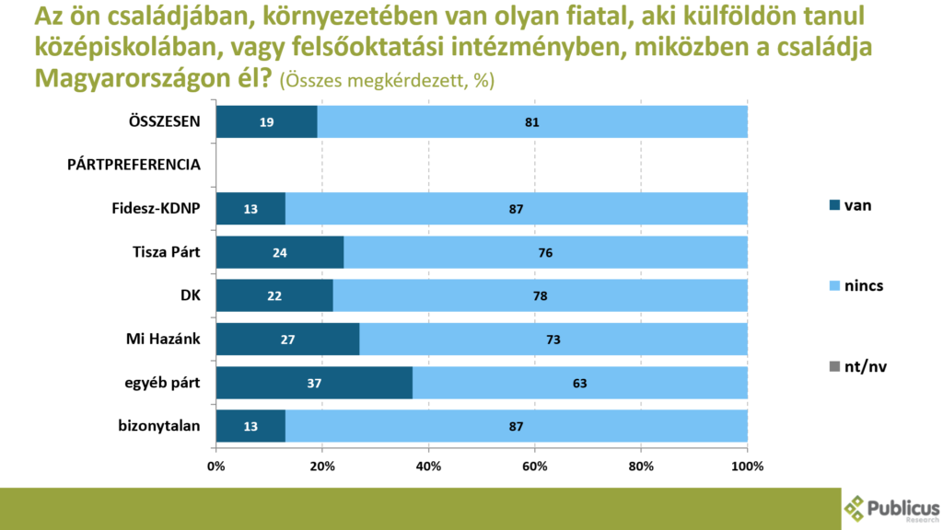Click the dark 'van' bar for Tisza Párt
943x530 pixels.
point(280,251)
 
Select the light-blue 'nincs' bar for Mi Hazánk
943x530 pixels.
point(553,339)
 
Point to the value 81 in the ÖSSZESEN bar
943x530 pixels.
point(531,121)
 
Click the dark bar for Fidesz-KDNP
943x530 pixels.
point(250,209)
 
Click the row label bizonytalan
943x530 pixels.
point(160,425)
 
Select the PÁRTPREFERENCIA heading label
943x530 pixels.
point(134,165)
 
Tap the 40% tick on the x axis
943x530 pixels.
point(429,466)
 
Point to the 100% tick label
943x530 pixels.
point(747,466)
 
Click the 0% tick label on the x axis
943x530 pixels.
point(216,466)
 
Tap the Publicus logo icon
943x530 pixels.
point(856,508)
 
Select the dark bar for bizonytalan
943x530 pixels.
point(250,425)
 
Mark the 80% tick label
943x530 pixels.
point(641,466)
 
